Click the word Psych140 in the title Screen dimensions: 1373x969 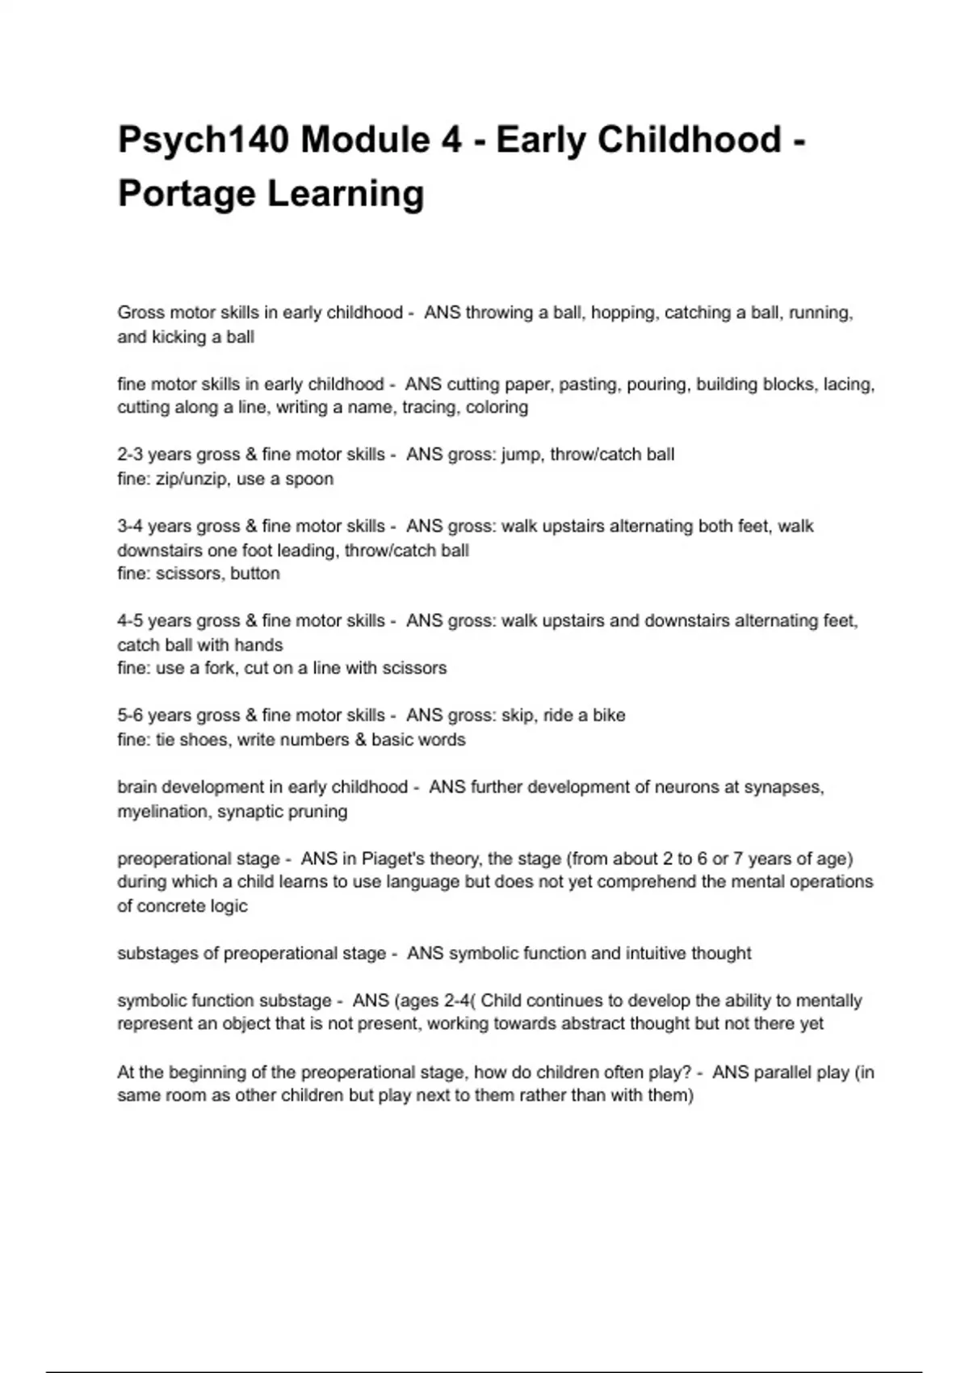coord(203,141)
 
